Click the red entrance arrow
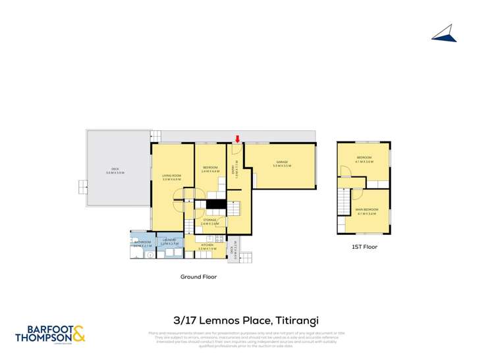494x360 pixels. (238, 138)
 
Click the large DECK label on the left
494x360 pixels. (115, 170)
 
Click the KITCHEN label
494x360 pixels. (207, 246)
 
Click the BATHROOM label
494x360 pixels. (143, 243)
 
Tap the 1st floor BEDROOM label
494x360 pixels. (364, 159)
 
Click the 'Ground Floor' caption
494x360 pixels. (198, 277)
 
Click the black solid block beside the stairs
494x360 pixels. (211, 205)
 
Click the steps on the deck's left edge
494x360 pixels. (83, 186)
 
